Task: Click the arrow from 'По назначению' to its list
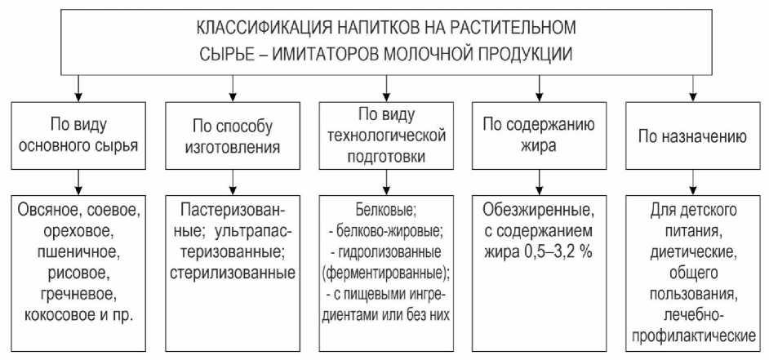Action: [x=693, y=180]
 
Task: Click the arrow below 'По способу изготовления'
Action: [x=232, y=180]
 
